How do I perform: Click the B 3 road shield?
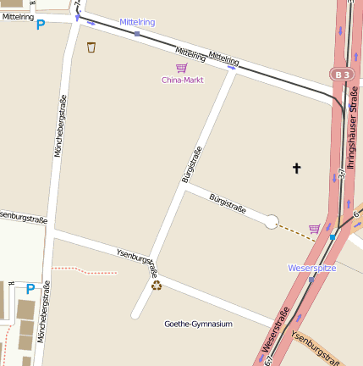pyautogui.click(x=342, y=75)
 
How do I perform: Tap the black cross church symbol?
pyautogui.click(x=297, y=169)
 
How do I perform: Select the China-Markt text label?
pyautogui.click(x=182, y=80)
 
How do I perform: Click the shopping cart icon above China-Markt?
pyautogui.click(x=181, y=68)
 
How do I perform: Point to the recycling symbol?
pyautogui.click(x=157, y=286)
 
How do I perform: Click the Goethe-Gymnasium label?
pyautogui.click(x=198, y=324)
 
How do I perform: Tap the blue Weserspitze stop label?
pyautogui.click(x=312, y=268)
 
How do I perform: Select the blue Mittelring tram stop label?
pyautogui.click(x=137, y=22)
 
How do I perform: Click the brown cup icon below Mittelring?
pyautogui.click(x=91, y=47)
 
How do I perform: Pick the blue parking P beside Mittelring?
pyautogui.click(x=40, y=25)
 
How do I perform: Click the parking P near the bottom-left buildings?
pyautogui.click(x=30, y=289)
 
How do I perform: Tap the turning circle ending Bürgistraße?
pyautogui.click(x=272, y=222)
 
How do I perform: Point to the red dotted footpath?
pyautogui.click(x=85, y=270)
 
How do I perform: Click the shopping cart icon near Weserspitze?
pyautogui.click(x=315, y=228)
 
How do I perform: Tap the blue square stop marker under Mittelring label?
pyautogui.click(x=137, y=34)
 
